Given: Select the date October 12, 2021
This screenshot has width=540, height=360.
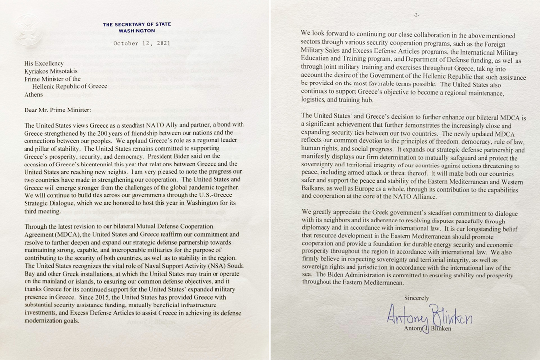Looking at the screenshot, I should [x=142, y=43].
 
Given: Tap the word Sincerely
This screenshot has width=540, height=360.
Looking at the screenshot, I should [x=416, y=298].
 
